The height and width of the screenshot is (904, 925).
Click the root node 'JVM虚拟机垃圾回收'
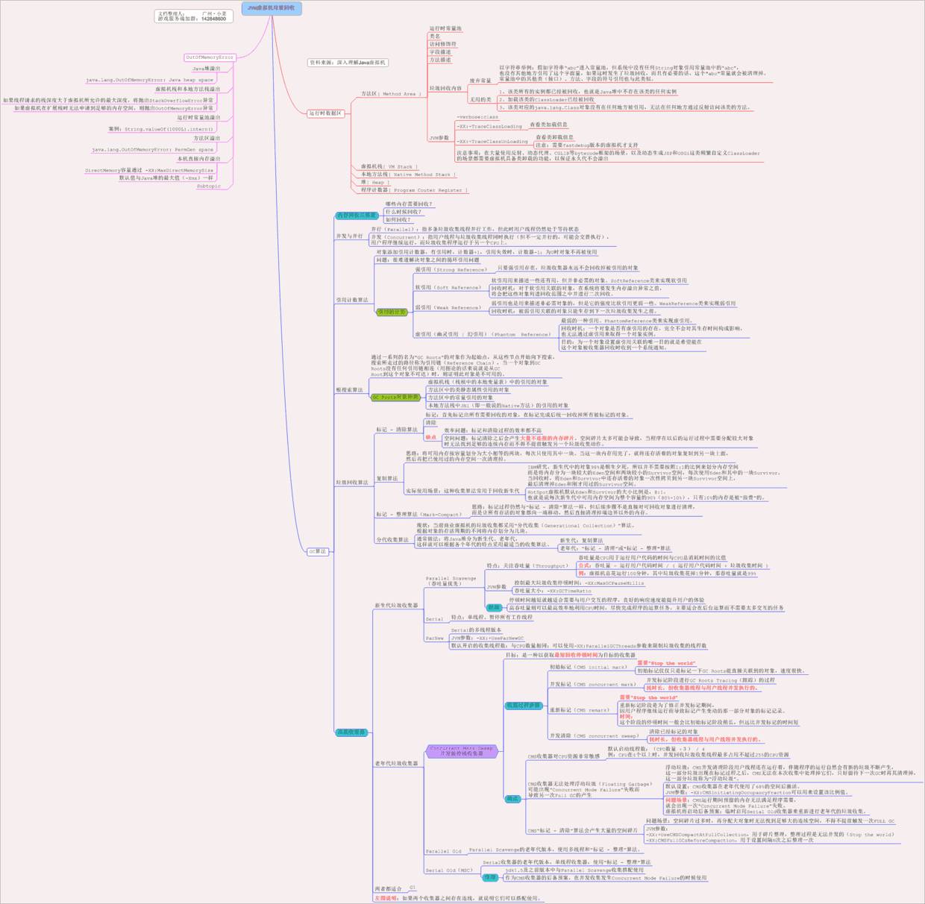[x=272, y=8]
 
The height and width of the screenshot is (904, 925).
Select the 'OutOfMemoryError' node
[x=210, y=57]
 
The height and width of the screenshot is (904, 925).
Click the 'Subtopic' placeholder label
[x=208, y=186]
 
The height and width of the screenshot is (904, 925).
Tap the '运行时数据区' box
[x=326, y=113]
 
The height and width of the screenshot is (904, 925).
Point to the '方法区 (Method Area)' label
[x=388, y=94]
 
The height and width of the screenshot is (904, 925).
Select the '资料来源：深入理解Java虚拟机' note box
[x=348, y=63]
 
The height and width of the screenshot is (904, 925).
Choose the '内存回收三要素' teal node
[x=357, y=216]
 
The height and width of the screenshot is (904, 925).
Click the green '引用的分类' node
[x=392, y=313]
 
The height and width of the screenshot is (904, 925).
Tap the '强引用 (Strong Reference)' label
[x=451, y=269]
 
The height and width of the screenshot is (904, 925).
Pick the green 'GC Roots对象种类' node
[x=395, y=398]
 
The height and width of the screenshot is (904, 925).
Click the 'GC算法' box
[x=318, y=552]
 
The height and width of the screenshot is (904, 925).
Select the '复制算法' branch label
[x=386, y=479]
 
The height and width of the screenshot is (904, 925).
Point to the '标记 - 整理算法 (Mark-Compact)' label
[x=418, y=514]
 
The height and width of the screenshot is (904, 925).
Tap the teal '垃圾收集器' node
[x=351, y=732]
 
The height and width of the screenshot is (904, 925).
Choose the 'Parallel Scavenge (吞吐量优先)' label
[x=451, y=581]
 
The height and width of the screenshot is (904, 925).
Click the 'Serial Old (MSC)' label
[x=449, y=870]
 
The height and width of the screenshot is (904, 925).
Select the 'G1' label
[x=412, y=888]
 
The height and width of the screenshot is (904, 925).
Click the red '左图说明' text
[x=387, y=898]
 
